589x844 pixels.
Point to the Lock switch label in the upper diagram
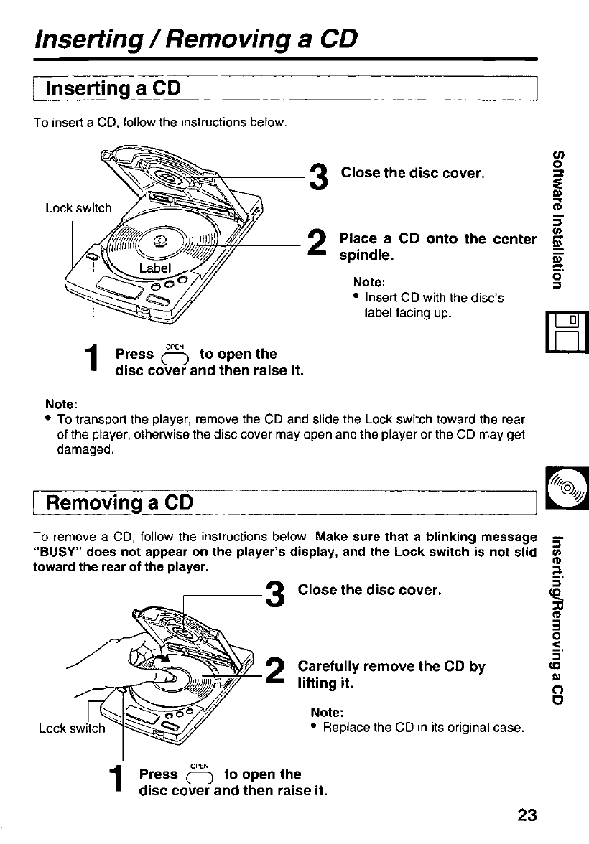(78, 209)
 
